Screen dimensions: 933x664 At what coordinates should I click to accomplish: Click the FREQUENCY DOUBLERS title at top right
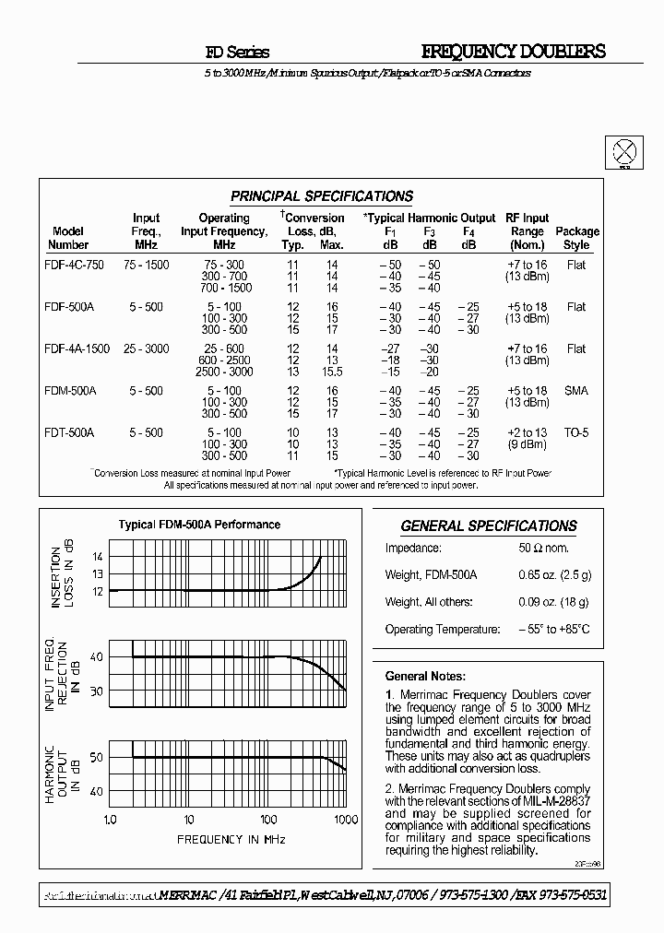pyautogui.click(x=513, y=52)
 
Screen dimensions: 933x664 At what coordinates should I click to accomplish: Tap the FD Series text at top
pyautogui.click(x=237, y=53)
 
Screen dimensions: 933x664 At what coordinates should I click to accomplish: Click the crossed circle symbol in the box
pyautogui.click(x=624, y=152)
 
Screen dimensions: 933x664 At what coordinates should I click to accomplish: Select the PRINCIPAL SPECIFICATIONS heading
pyautogui.click(x=321, y=196)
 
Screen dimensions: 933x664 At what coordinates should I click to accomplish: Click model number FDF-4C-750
pyautogui.click(x=74, y=265)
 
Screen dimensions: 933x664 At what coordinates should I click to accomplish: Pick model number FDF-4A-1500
pyautogui.click(x=77, y=348)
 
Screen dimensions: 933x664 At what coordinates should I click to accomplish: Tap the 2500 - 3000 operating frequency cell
pyautogui.click(x=224, y=372)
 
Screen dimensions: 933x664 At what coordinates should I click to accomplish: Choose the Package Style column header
pyautogui.click(x=576, y=238)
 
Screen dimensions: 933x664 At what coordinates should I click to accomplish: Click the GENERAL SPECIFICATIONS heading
pyautogui.click(x=489, y=526)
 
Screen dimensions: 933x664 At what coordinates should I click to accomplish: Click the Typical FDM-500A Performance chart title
pyautogui.click(x=199, y=525)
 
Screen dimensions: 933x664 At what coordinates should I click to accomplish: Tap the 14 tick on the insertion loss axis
pyautogui.click(x=97, y=557)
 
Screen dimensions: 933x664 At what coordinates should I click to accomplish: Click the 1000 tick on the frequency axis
pyautogui.click(x=345, y=820)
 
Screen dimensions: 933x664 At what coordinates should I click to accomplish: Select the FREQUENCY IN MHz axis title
pyautogui.click(x=231, y=839)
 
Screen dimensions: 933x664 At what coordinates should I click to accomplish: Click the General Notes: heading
pyautogui.click(x=425, y=676)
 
